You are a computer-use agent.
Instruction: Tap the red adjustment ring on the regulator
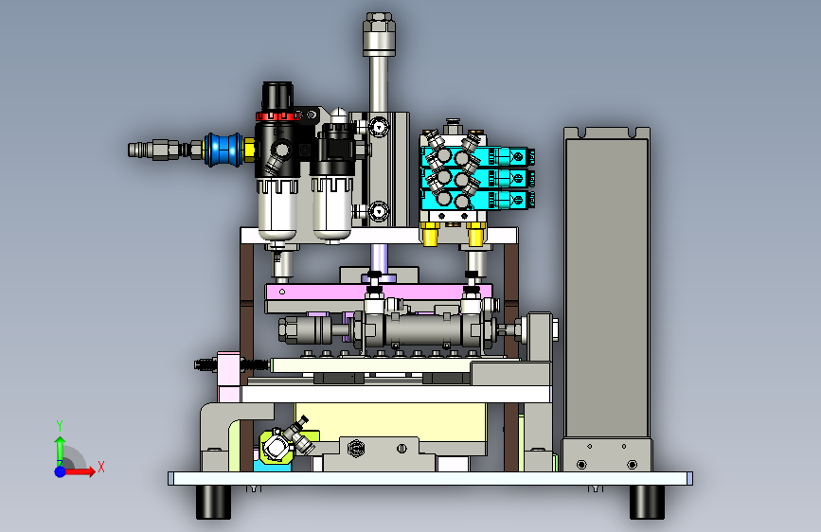pyautogui.click(x=277, y=115)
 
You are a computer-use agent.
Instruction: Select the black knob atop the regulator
pyautogui.click(x=277, y=96)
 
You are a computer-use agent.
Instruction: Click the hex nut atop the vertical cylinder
pyautogui.click(x=379, y=23)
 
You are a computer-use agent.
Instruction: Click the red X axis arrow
pyautogui.click(x=80, y=471)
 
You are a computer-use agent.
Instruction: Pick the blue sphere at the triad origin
pyautogui.click(x=61, y=471)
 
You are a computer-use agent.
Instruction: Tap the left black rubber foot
pyautogui.click(x=214, y=502)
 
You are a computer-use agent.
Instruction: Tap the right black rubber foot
pyautogui.click(x=647, y=502)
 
